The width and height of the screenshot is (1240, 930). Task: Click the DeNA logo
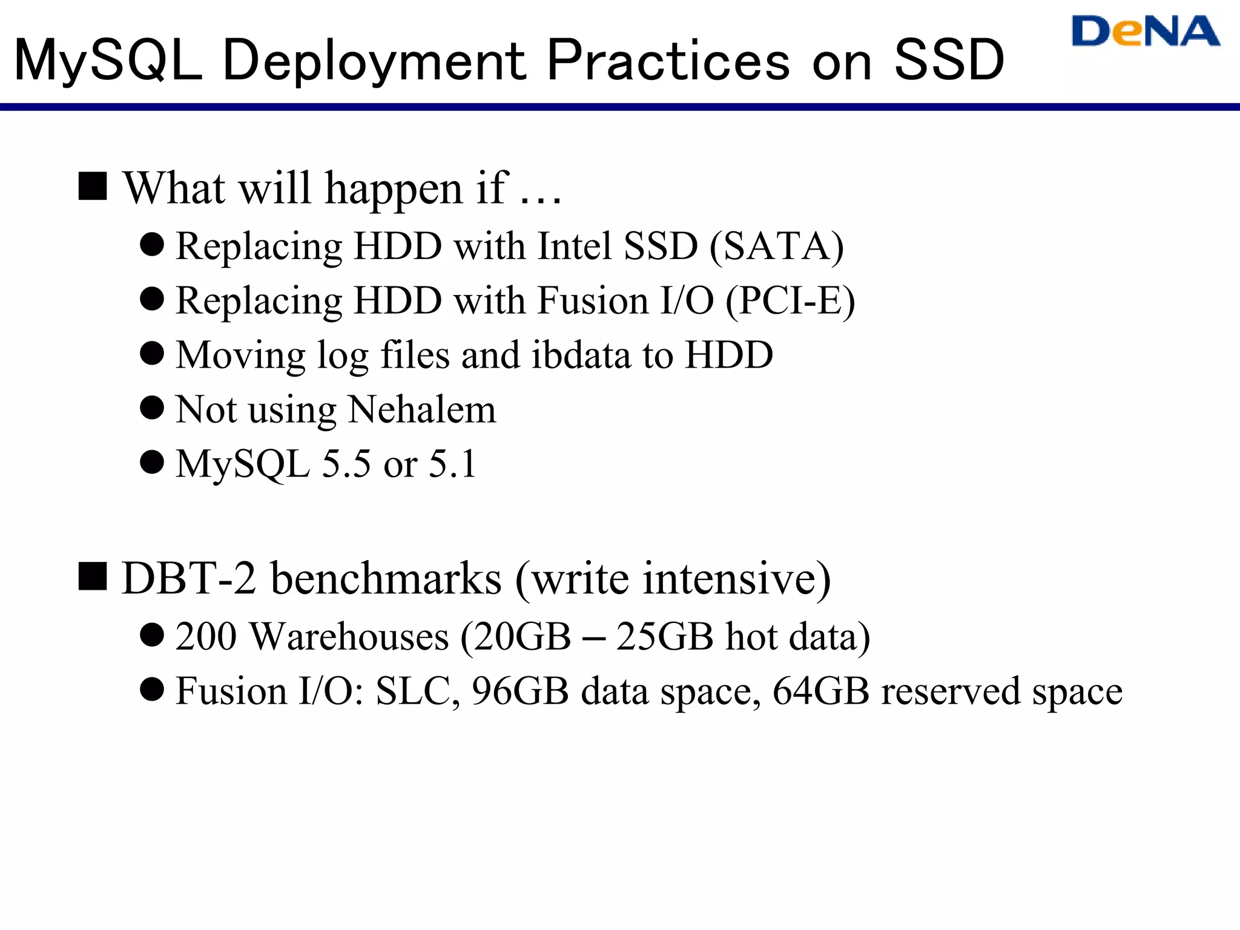coord(1144,31)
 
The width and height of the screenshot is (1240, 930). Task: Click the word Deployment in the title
coord(374,61)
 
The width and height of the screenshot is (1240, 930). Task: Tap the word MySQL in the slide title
coord(108,61)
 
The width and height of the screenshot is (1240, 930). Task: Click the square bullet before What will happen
coord(93,186)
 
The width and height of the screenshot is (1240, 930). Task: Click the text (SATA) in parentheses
coord(777,246)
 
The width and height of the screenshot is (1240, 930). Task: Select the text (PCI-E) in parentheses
coord(790,301)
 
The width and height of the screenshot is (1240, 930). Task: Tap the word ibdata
coord(581,355)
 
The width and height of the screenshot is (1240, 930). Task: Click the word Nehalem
coord(422,410)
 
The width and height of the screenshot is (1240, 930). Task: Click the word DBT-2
coord(189,578)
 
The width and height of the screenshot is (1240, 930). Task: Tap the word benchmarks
coord(386,578)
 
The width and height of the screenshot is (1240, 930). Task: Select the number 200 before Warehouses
coord(206,637)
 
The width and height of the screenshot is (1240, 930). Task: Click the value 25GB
coord(664,637)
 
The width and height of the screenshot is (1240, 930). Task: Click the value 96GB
coord(520,691)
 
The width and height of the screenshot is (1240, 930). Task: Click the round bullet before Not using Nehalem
coord(152,408)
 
